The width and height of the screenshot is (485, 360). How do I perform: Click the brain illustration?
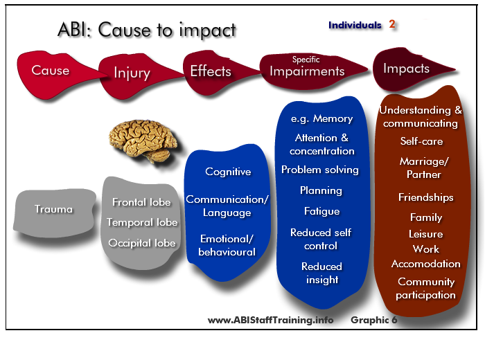pyautogui.click(x=143, y=141)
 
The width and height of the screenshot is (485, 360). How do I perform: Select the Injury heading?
pyautogui.click(x=132, y=73)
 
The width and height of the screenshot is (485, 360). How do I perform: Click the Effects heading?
pyautogui.click(x=211, y=71)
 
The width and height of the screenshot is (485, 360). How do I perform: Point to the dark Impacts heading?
pyautogui.click(x=407, y=69)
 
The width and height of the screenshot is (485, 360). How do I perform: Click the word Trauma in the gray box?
pyautogui.click(x=53, y=209)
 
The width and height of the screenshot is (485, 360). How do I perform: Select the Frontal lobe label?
pyautogui.click(x=141, y=202)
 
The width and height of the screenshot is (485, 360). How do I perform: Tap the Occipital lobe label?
pyautogui.click(x=142, y=243)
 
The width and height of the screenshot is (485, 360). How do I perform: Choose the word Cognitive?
pyautogui.click(x=228, y=172)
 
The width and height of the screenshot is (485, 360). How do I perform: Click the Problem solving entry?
pyautogui.click(x=320, y=170)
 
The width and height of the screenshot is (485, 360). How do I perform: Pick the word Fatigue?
pyautogui.click(x=321, y=211)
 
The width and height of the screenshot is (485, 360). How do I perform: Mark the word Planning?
pyautogui.click(x=321, y=190)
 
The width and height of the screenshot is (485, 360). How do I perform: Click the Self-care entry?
pyautogui.click(x=421, y=141)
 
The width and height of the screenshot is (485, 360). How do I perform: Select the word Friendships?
pyautogui.click(x=426, y=197)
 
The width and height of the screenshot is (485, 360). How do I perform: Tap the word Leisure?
pyautogui.click(x=426, y=234)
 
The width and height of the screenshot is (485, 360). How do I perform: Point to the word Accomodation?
pyautogui.click(x=426, y=264)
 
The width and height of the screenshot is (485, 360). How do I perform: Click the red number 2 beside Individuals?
pyautogui.click(x=392, y=24)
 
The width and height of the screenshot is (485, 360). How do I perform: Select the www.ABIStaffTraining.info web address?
pyautogui.click(x=270, y=320)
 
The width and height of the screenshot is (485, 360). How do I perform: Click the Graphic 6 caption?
pyautogui.click(x=373, y=320)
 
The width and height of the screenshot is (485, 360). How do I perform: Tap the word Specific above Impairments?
pyautogui.click(x=306, y=60)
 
